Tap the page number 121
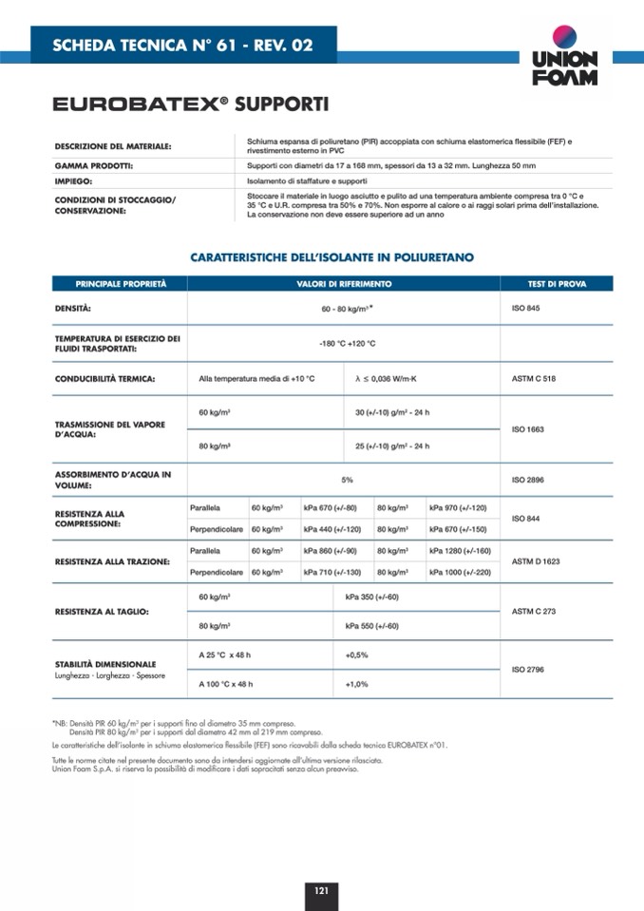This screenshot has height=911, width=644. click(x=321, y=890)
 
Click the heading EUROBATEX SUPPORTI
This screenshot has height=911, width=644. click(x=191, y=104)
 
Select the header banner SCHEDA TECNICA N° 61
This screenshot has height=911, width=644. click(x=183, y=45)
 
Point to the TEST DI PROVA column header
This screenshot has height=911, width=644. click(x=557, y=283)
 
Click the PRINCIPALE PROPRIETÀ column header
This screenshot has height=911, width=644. click(x=121, y=283)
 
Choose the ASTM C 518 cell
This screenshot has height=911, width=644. click(x=533, y=379)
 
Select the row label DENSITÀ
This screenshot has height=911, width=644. click(x=73, y=308)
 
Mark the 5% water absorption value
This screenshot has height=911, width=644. click(x=348, y=480)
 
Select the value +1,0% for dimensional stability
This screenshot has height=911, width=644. click(x=356, y=684)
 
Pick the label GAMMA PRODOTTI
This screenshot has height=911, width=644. click(x=93, y=165)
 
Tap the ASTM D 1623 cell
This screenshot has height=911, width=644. click(x=536, y=561)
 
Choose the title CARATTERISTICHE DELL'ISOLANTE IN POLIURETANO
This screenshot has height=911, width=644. click(x=331, y=257)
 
